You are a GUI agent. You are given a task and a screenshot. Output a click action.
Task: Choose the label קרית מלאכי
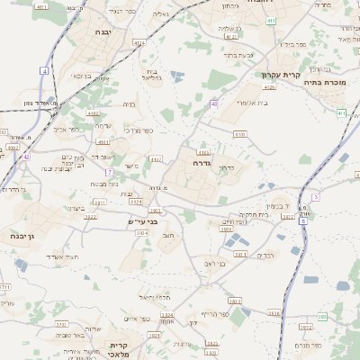click(121, 349)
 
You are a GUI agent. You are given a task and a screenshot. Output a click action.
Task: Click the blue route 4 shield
click(44, 70)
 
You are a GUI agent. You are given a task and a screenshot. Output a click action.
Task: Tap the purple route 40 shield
click(214, 104)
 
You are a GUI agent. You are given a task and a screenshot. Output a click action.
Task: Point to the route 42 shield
click(26, 157)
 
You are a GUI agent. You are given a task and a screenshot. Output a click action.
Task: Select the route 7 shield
click(108, 172)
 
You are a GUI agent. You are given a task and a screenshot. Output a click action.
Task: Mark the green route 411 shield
click(342, 112)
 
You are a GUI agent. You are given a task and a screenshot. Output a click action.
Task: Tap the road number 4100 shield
click(238, 133)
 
